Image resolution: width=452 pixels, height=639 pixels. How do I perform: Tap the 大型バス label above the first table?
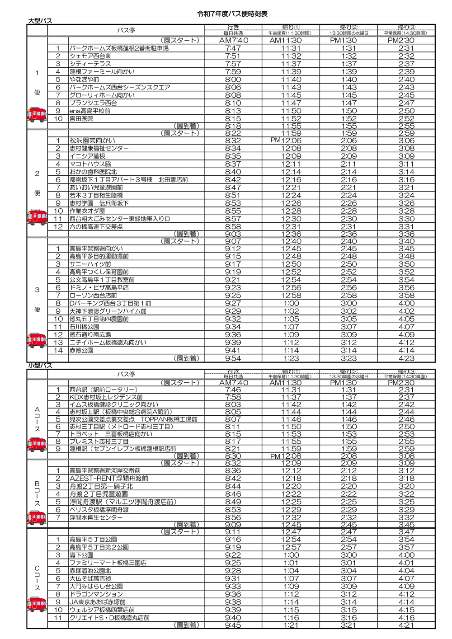[x=40, y=21]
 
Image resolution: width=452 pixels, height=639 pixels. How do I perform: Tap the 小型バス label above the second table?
[x=40, y=365]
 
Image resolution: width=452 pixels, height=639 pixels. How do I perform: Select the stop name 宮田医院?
[x=81, y=119]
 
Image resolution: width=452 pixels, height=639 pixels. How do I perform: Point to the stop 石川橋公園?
[x=84, y=327]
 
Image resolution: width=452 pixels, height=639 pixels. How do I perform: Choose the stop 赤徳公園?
[x=81, y=350]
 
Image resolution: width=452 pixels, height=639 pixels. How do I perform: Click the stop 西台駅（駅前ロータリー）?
[x=103, y=390]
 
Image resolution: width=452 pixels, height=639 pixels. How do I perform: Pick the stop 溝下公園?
[x=81, y=555]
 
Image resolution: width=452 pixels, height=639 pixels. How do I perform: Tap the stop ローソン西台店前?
[x=93, y=296]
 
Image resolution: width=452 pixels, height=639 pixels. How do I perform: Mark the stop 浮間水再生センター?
[x=96, y=517]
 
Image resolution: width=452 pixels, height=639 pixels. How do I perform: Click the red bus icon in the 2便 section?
[x=37, y=217]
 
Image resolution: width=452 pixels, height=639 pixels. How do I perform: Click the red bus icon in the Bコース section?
[x=37, y=517]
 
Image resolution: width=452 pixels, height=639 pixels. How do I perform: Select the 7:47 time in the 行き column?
[x=233, y=48]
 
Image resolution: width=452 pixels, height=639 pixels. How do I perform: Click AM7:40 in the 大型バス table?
[x=233, y=41]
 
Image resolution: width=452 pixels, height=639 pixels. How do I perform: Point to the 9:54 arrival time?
[x=233, y=358]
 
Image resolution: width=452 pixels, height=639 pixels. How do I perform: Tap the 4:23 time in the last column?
[x=406, y=358]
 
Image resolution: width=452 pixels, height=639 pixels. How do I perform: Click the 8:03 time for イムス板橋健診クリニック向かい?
[x=233, y=404]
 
